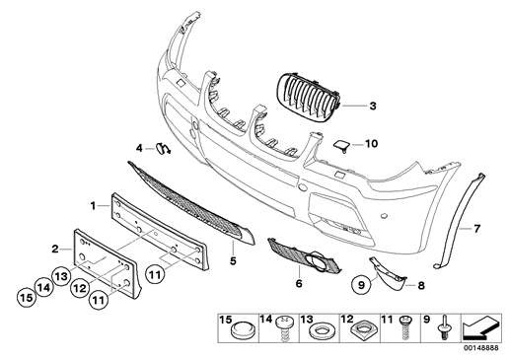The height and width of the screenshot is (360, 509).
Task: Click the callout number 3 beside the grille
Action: pyautogui.click(x=374, y=105)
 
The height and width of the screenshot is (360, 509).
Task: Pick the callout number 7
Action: pyautogui.click(x=475, y=229)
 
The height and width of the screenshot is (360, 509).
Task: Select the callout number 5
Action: pyautogui.click(x=234, y=262)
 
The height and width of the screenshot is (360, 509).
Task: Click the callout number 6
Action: pyautogui.click(x=298, y=283)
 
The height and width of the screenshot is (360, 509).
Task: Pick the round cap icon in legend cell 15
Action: pyautogui.click(x=239, y=329)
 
